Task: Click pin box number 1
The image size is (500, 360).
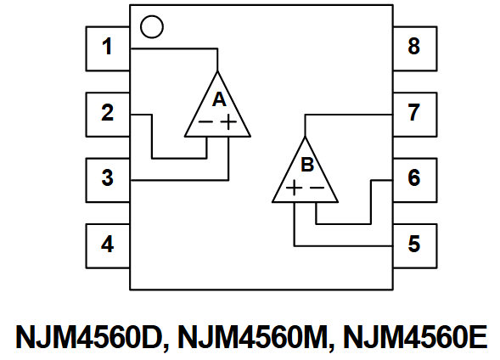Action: [x=108, y=48]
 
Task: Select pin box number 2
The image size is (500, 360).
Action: [x=108, y=113]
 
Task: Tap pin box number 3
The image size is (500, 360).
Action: [x=108, y=179]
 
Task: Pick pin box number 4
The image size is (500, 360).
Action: [x=108, y=245]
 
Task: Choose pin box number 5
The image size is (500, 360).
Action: [x=414, y=245]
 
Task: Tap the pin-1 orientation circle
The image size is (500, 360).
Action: [x=150, y=26]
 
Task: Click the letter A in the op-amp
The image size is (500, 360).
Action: [x=219, y=99]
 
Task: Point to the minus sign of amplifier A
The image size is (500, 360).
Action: [x=206, y=122]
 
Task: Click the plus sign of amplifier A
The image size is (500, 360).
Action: [x=229, y=122]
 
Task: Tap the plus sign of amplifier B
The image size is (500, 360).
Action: [x=293, y=188]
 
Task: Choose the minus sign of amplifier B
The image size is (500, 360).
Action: [x=316, y=188]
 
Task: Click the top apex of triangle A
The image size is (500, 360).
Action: [x=219, y=70]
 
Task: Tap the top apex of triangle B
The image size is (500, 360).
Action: [x=306, y=136]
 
